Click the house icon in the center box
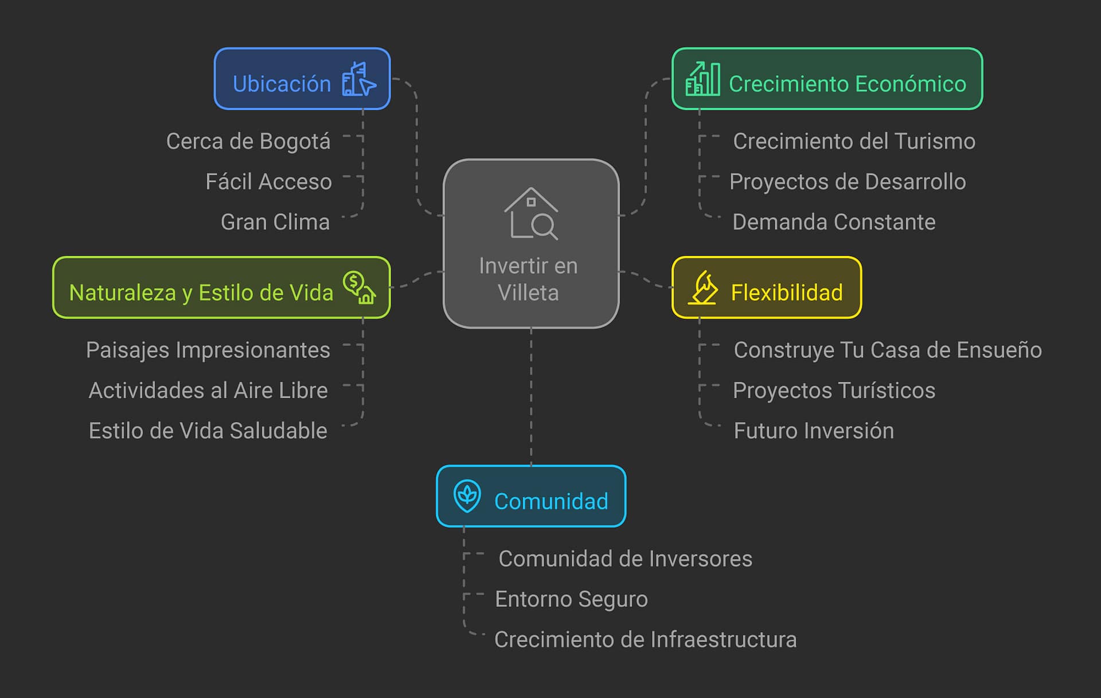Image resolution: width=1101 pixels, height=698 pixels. pyautogui.click(x=531, y=213)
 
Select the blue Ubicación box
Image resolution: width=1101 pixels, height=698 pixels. pyautogui.click(x=302, y=79)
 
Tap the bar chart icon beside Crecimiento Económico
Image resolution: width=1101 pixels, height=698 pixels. pyautogui.click(x=702, y=79)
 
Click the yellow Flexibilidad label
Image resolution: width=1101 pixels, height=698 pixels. pyautogui.click(x=786, y=293)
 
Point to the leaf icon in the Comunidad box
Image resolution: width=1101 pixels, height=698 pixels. pyautogui.click(x=467, y=496)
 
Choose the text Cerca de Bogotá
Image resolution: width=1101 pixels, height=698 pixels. pyautogui.click(x=248, y=141)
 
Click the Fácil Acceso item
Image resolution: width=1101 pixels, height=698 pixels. pyautogui.click(x=268, y=182)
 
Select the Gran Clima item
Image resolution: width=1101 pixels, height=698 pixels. pyautogui.click(x=275, y=222)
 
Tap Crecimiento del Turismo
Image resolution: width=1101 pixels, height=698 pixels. pyautogui.click(x=854, y=141)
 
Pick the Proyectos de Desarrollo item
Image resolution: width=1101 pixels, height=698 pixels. pyautogui.click(x=848, y=182)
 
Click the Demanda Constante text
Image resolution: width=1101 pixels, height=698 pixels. pyautogui.click(x=834, y=222)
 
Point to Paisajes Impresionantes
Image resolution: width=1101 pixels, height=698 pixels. pyautogui.click(x=208, y=350)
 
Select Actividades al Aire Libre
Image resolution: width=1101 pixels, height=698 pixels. pyautogui.click(x=208, y=391)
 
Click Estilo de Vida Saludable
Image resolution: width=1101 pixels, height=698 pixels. pyautogui.click(x=208, y=431)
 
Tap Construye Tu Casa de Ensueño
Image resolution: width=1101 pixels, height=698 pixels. pyautogui.click(x=888, y=350)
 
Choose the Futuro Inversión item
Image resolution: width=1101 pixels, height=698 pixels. pyautogui.click(x=814, y=431)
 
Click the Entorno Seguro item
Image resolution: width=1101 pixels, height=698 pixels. pyautogui.click(x=571, y=599)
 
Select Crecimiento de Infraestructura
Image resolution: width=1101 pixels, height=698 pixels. pyautogui.click(x=645, y=639)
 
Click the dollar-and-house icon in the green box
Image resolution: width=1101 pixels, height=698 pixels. pyautogui.click(x=360, y=287)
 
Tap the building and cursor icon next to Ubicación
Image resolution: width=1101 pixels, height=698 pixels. pyautogui.click(x=358, y=79)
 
